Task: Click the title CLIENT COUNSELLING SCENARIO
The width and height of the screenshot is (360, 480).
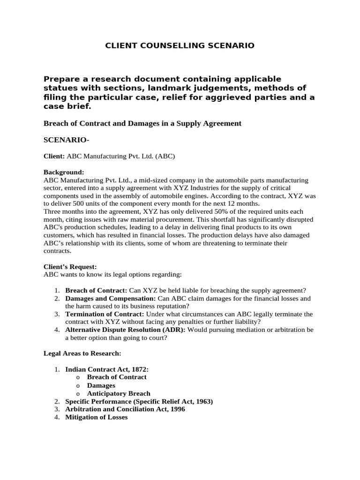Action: pos(180,45)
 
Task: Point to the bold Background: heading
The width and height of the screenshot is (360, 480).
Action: pos(64,172)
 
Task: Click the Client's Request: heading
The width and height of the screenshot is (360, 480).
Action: pos(70,266)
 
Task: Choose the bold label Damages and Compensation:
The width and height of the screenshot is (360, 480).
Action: pos(110,298)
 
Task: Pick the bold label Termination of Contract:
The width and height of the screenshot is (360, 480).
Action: pos(105,314)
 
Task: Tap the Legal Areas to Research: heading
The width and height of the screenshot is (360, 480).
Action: pos(82,353)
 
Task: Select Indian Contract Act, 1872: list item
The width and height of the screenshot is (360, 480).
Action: pos(106,369)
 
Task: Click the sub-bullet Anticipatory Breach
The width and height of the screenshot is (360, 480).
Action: pos(119,393)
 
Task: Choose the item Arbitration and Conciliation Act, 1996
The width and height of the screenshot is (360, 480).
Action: pos(125,409)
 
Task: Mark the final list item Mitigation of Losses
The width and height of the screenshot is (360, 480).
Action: pos(96,417)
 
